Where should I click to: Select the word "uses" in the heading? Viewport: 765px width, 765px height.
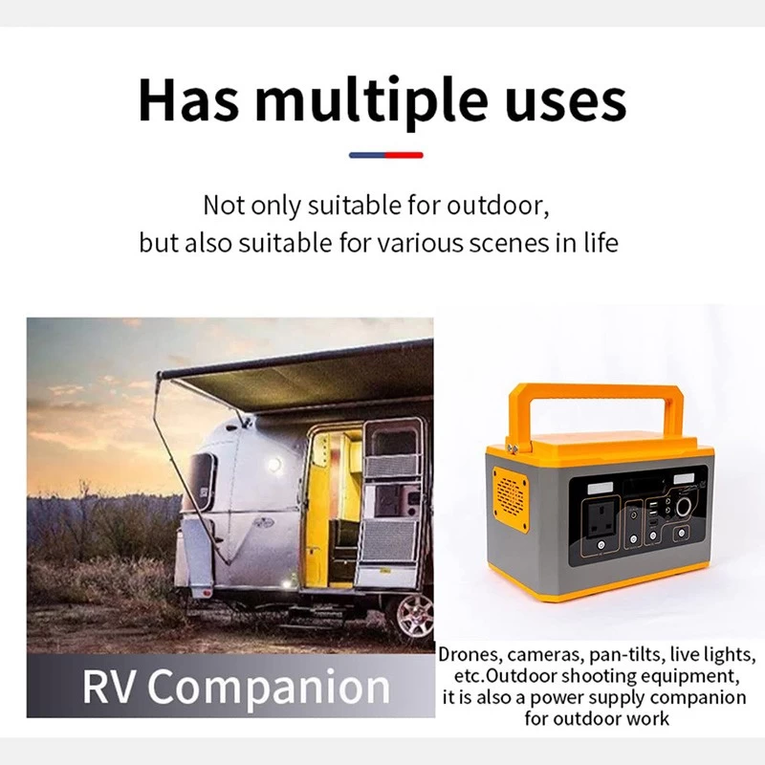click(566, 103)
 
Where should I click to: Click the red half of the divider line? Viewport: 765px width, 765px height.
click(404, 155)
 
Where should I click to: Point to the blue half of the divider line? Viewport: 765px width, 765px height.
click(367, 155)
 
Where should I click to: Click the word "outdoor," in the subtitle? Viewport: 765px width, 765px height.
click(497, 206)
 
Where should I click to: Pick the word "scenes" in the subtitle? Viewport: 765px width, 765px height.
click(509, 244)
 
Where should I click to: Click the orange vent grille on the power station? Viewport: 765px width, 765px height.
click(511, 497)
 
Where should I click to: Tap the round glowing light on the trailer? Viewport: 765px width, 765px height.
click(274, 463)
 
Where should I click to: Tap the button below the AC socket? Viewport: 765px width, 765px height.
click(601, 544)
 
